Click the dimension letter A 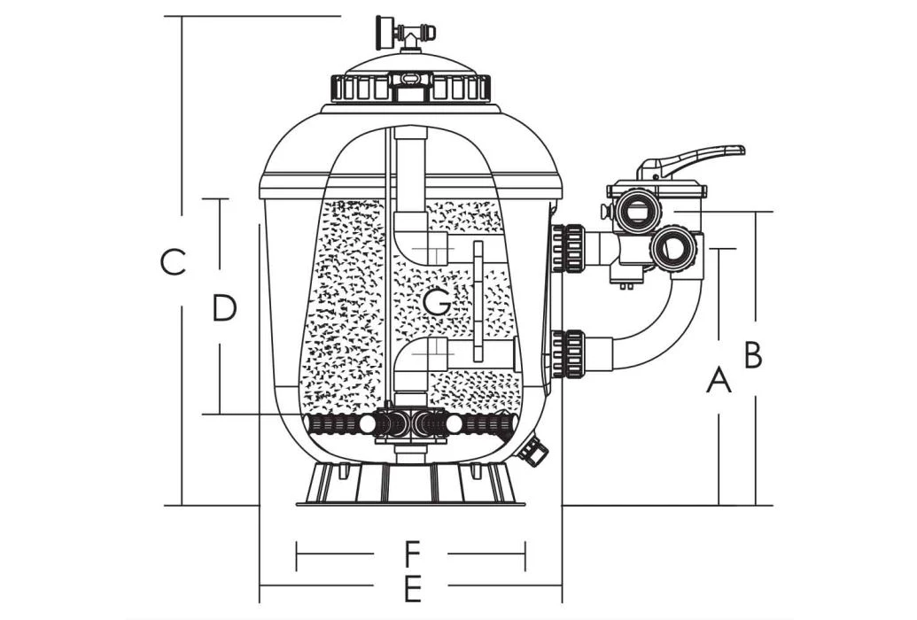pyautogui.click(x=719, y=380)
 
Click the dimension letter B pyautogui.click(x=753, y=354)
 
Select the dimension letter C pyautogui.click(x=174, y=262)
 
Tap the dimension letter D pyautogui.click(x=225, y=308)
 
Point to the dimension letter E pyautogui.click(x=410, y=586)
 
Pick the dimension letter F pyautogui.click(x=410, y=555)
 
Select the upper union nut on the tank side pyautogui.click(x=569, y=248)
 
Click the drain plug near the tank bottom pyautogui.click(x=533, y=451)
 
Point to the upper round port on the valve pyautogui.click(x=636, y=211)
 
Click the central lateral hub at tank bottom pyautogui.click(x=408, y=424)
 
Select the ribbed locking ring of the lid pyautogui.click(x=410, y=88)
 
